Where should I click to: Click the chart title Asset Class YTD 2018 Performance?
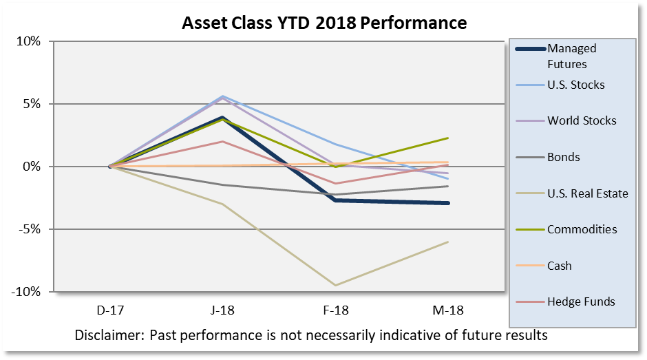(323, 23)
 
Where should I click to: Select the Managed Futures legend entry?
(571, 56)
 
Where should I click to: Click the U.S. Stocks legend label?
(576, 85)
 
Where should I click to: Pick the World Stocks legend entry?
(582, 120)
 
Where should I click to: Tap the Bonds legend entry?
(563, 157)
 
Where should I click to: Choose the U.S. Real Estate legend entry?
(587, 193)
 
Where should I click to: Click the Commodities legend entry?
(582, 229)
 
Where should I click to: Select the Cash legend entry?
(559, 266)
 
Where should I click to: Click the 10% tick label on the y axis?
(28, 41)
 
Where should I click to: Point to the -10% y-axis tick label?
(25, 292)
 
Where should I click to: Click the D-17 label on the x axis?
(110, 310)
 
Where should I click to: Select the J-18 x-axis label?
(223, 310)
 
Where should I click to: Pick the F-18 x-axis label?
(336, 310)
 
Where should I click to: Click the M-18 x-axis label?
(448, 310)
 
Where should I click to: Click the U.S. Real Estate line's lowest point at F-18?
(336, 285)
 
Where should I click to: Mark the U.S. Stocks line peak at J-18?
(223, 96)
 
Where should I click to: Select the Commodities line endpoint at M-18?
(448, 138)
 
